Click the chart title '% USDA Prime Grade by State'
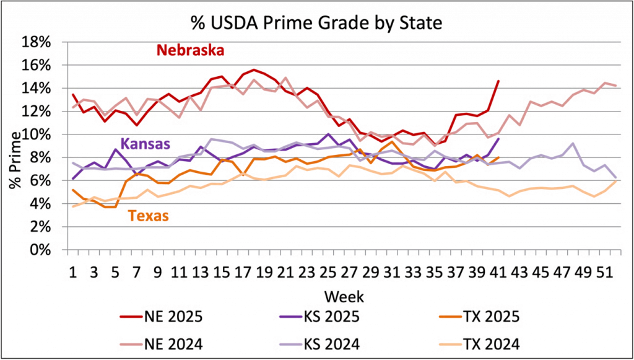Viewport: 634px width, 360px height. pos(316,24)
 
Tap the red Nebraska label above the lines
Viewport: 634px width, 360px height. pos(190,50)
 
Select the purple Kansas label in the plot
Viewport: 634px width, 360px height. pos(145,144)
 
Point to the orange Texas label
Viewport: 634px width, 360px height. pos(148,216)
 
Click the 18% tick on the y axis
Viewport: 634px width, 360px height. pos(37,42)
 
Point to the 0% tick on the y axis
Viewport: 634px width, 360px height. pos(40,250)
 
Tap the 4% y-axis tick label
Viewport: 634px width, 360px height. pos(40,204)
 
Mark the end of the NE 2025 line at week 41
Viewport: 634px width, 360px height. pos(498,79)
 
